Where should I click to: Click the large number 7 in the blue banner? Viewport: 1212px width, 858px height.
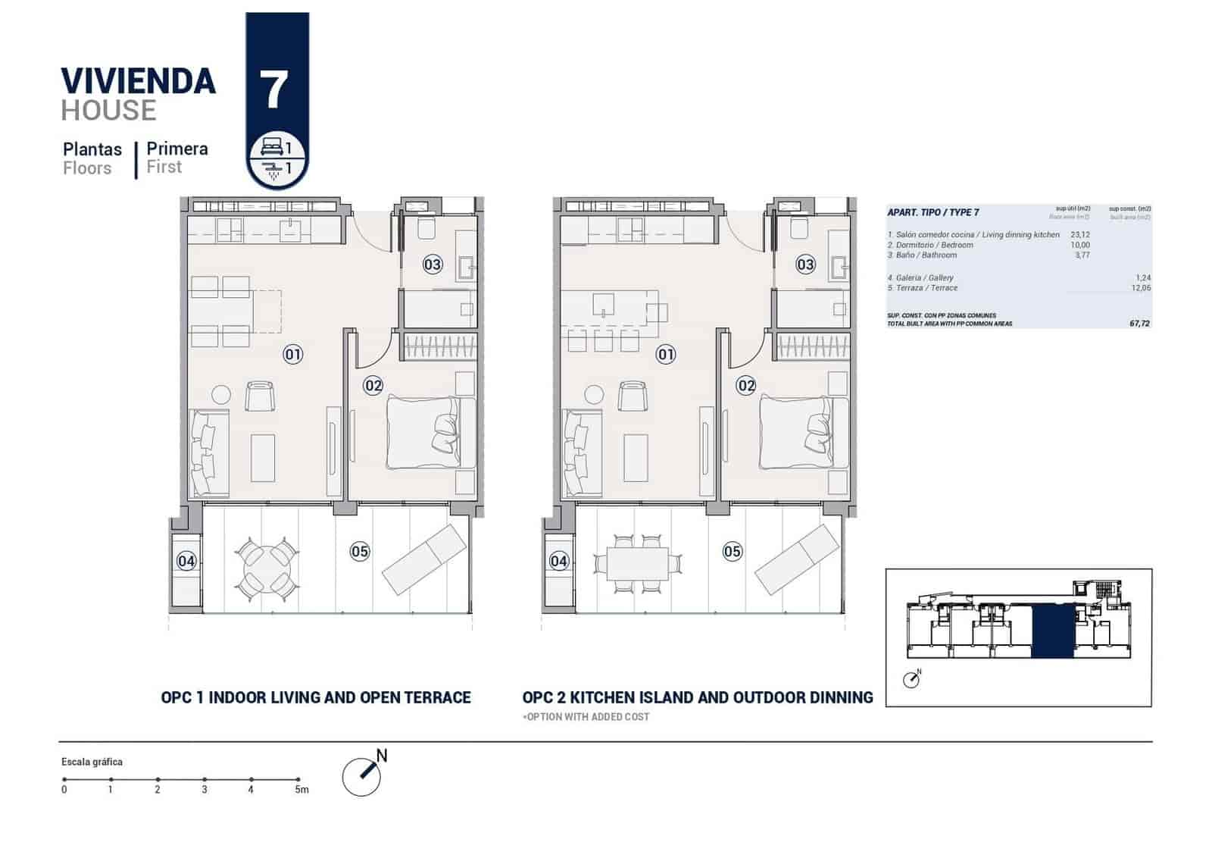pyautogui.click(x=274, y=90)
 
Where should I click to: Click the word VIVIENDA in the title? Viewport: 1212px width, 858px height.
pyautogui.click(x=138, y=81)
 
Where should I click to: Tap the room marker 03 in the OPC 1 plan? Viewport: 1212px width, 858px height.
pyautogui.click(x=433, y=265)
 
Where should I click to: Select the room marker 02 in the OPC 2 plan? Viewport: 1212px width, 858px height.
pyautogui.click(x=746, y=386)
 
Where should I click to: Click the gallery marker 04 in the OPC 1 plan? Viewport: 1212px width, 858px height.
pyautogui.click(x=186, y=561)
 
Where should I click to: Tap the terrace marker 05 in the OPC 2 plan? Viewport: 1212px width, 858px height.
pyautogui.click(x=733, y=551)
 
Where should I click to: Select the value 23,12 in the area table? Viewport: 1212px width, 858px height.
pyautogui.click(x=1080, y=235)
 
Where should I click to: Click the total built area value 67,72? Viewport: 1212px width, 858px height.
pyautogui.click(x=1139, y=324)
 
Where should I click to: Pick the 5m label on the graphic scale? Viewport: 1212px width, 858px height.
pyautogui.click(x=301, y=790)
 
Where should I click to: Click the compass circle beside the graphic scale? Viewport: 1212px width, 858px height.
pyautogui.click(x=361, y=776)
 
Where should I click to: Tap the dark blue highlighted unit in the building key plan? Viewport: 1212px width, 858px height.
pyautogui.click(x=1052, y=631)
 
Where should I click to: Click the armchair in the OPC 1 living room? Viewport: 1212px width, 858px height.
pyautogui.click(x=260, y=396)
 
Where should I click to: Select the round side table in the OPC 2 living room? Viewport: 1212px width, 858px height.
pyautogui.click(x=594, y=395)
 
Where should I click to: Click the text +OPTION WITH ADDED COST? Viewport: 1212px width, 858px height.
pyautogui.click(x=586, y=717)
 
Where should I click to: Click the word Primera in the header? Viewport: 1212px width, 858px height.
pyautogui.click(x=177, y=149)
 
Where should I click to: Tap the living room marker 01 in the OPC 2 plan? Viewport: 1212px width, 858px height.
pyautogui.click(x=666, y=354)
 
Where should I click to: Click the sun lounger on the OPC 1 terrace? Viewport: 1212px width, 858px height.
pyautogui.click(x=424, y=559)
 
